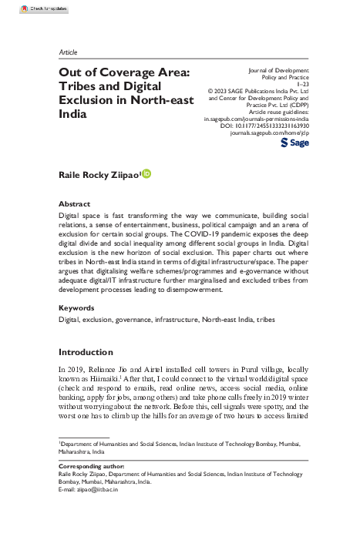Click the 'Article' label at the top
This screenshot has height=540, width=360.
tap(68, 52)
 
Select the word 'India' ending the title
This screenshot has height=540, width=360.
tap(73, 113)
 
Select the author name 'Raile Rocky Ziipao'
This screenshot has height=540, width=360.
tap(98, 176)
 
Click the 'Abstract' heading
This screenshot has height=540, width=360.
tap(75, 203)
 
